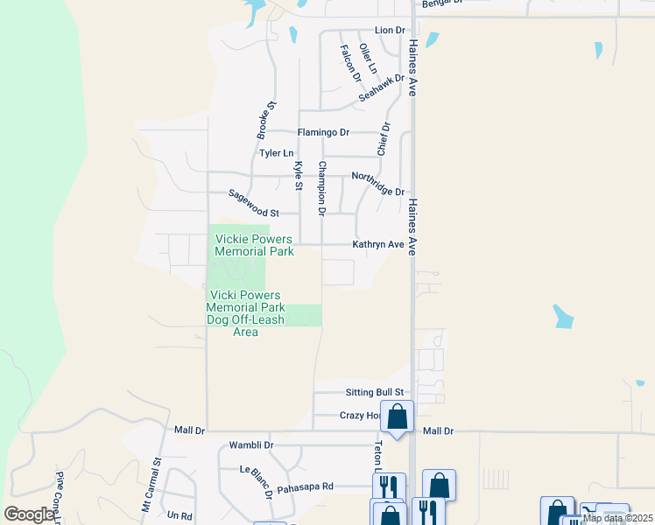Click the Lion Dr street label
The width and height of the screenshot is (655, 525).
pyautogui.click(x=390, y=31)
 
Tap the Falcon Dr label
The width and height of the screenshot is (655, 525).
pyautogui.click(x=349, y=63)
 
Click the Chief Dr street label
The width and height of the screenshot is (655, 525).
pyautogui.click(x=382, y=139)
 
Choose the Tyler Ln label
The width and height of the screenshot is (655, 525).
pyautogui.click(x=275, y=153)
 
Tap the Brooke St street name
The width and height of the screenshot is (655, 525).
pyautogui.click(x=266, y=120)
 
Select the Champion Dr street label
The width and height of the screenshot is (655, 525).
pyautogui.click(x=322, y=188)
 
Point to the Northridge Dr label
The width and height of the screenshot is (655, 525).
pyautogui.click(x=377, y=184)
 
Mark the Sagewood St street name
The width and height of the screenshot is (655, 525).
pyautogui.click(x=253, y=204)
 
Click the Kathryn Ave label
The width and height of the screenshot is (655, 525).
pyautogui.click(x=378, y=246)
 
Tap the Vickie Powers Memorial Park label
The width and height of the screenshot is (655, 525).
pyautogui.click(x=254, y=245)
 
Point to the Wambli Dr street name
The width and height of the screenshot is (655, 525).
pyautogui.click(x=250, y=445)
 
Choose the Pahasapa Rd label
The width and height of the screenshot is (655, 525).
pyautogui.click(x=305, y=487)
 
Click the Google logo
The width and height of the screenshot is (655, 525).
pyautogui.click(x=29, y=514)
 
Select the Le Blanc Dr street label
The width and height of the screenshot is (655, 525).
pyautogui.click(x=257, y=480)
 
